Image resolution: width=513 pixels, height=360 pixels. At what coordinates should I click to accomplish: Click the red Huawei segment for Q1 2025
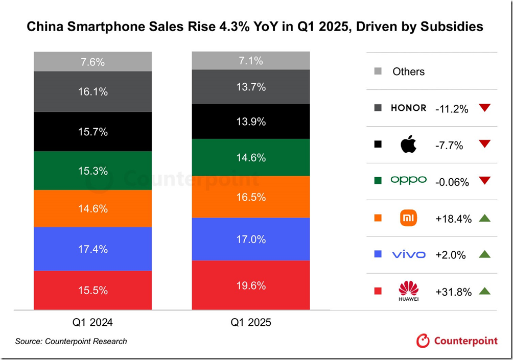point(250,285)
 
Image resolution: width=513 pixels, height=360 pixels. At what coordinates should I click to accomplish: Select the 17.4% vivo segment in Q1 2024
point(92,249)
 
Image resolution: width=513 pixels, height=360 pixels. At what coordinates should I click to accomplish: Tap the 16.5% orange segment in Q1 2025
point(250,197)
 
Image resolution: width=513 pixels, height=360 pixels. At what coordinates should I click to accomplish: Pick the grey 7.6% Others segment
point(92,62)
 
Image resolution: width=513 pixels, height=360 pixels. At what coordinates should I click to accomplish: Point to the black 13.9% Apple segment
point(250,122)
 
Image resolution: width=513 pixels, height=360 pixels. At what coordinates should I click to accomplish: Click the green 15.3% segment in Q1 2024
point(92,171)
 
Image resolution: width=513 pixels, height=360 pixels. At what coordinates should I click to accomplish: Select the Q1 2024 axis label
point(92,323)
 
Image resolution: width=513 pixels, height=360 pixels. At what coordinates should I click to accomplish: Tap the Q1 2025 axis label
point(250,323)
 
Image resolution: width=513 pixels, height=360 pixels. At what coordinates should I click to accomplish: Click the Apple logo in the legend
point(408,145)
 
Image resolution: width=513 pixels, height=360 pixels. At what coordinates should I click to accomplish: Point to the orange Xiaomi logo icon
point(408,218)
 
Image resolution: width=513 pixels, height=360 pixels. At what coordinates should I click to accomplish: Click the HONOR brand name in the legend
point(408,108)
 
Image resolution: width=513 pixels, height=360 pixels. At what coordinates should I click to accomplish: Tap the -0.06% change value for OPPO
point(452,182)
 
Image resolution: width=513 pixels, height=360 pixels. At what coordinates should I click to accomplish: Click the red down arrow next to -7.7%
point(485,145)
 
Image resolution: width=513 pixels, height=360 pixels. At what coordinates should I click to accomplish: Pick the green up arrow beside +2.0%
point(485,254)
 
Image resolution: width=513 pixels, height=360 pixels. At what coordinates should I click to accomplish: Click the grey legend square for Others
point(378,71)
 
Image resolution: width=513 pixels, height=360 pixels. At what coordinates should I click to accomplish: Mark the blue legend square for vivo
point(378,254)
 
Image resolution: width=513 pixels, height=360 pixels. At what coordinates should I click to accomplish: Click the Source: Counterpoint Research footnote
point(71,341)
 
